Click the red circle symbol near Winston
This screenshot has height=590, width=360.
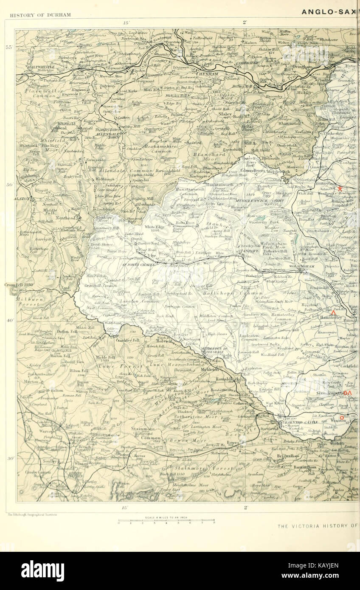click(x=336, y=417)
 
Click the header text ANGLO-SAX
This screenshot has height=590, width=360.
click(x=330, y=12)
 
